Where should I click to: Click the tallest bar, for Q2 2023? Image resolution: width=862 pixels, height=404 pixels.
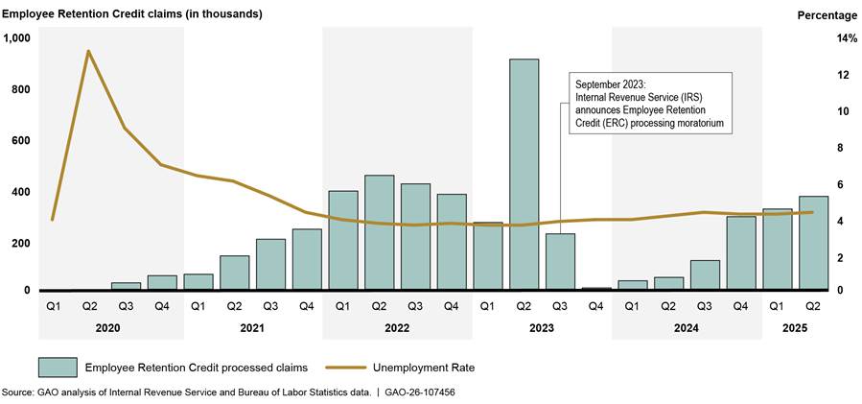524,174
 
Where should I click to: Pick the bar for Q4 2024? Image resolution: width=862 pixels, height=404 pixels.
740,252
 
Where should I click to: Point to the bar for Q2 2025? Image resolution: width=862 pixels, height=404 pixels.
813,243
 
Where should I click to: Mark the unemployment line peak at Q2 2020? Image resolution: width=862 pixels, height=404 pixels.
89,51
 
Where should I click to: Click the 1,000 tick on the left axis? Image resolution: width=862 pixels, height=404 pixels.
17,38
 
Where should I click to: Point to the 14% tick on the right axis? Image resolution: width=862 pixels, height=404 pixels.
820,38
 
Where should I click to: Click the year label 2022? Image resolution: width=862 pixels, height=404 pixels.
397,328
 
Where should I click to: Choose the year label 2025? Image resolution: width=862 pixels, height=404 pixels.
795,328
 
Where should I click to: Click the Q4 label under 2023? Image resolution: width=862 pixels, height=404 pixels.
596,306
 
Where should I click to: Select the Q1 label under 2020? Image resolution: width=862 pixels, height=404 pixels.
53,306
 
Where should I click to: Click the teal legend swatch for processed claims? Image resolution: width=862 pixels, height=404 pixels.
58,368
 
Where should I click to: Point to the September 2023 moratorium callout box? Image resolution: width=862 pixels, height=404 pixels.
650,104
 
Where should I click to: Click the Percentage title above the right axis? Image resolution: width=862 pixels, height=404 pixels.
827,14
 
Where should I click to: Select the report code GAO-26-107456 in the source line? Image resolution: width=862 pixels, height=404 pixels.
420,393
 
